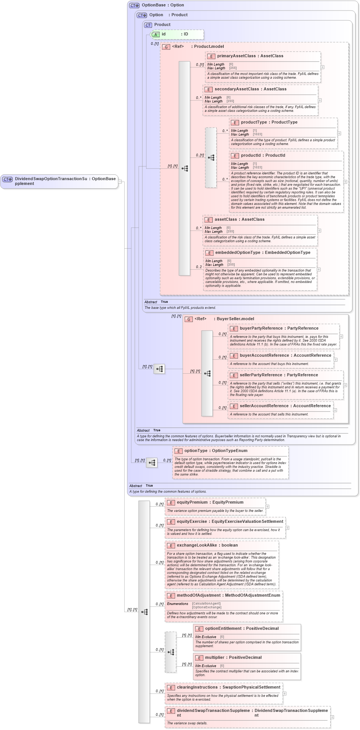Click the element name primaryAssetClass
pos(236,56)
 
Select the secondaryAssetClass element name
pos(236,89)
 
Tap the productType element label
pos(254,122)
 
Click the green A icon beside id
pos(156,35)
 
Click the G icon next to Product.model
pos(166,47)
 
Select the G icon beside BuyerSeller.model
pos(189,319)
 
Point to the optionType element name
pos(196,451)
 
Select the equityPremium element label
pos(192,502)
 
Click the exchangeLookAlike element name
pos(197,545)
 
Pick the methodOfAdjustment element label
pos(198,596)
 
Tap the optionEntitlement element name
pos(223,629)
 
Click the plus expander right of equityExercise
pos(287,528)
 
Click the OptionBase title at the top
pos(154,5)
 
